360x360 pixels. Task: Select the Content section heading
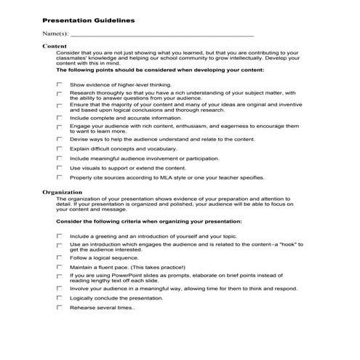pos(55,46)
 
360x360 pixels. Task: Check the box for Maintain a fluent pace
pos(60,267)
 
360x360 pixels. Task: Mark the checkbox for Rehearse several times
pos(60,308)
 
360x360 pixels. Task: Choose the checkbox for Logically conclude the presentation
pos(60,298)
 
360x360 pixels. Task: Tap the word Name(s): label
pos(55,33)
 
